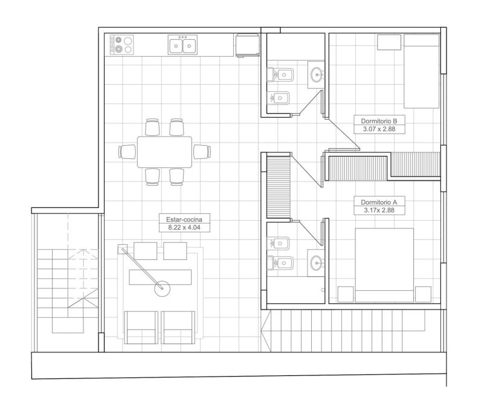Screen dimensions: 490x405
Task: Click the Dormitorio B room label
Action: [379, 121]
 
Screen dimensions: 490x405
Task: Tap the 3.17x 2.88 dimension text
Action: [379, 210]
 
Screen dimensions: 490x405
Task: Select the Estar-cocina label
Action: [184, 219]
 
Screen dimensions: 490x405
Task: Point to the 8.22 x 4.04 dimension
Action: [184, 227]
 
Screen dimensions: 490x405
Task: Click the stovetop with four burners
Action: [122, 45]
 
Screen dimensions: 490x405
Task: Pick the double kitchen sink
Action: [183, 45]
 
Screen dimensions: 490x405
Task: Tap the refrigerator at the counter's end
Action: [248, 46]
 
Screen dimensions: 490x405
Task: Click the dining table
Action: [164, 152]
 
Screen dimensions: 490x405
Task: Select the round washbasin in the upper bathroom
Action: [317, 75]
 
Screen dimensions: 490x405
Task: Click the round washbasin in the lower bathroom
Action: [317, 263]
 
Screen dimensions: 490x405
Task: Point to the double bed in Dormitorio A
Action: [384, 265]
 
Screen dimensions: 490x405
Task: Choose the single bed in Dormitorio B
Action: [422, 71]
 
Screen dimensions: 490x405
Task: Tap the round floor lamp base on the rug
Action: [162, 288]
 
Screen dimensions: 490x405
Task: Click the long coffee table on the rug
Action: [160, 277]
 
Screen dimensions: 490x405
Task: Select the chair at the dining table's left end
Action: [127, 152]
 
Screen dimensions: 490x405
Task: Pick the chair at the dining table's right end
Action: [202, 152]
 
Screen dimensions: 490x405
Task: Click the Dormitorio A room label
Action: [379, 202]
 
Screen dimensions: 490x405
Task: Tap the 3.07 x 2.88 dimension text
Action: [379, 129]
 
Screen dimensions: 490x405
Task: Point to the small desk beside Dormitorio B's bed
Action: [389, 42]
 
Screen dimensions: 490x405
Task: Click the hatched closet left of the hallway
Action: [279, 187]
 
